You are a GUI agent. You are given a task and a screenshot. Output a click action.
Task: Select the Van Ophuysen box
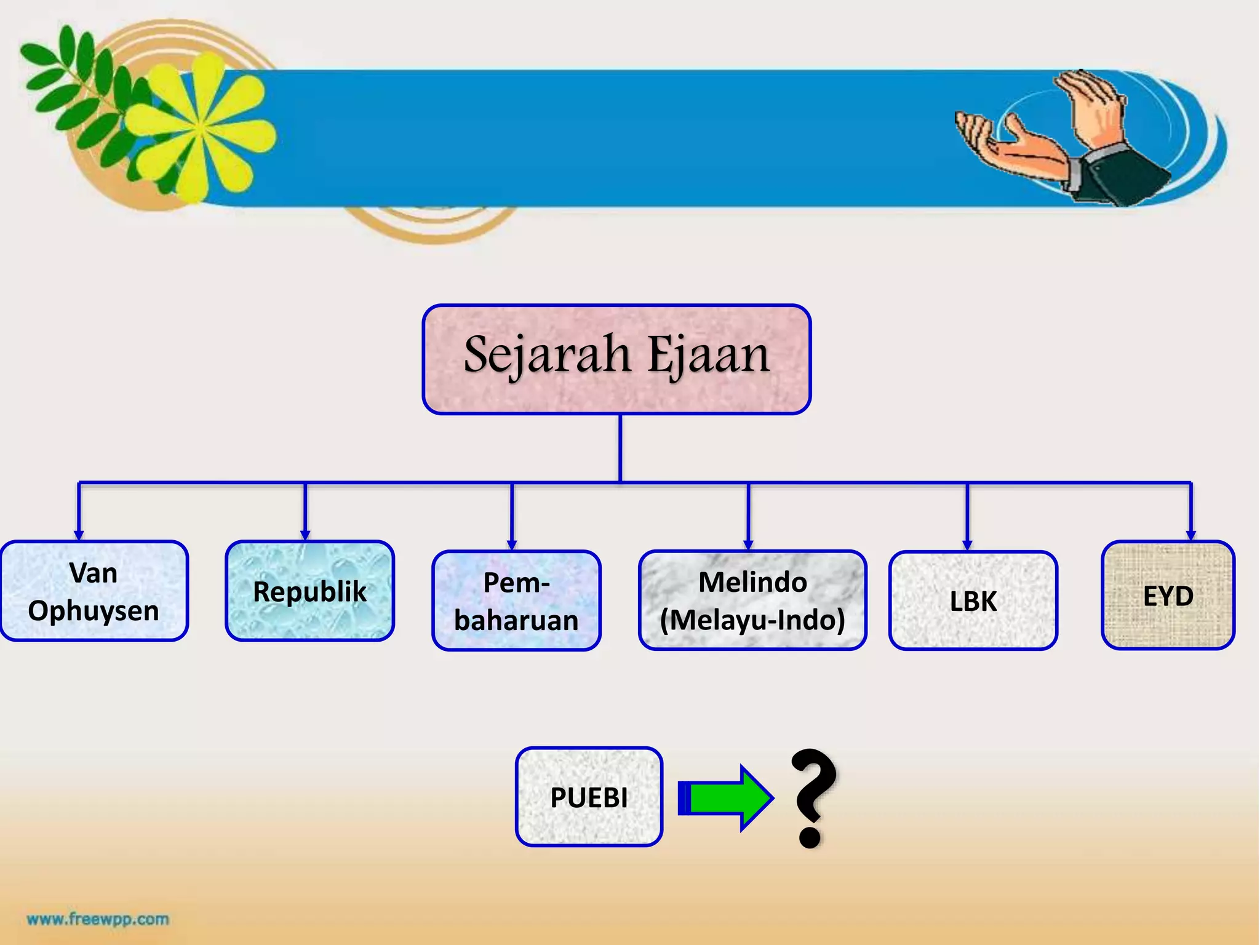94,591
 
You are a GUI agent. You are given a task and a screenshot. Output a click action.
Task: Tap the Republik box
309,591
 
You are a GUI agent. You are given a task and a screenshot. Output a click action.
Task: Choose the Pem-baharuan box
516,600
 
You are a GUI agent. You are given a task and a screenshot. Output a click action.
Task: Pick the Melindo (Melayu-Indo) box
752,600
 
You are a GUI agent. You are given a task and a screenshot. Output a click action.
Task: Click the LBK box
973,600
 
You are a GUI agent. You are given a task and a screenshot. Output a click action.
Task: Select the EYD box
1168,595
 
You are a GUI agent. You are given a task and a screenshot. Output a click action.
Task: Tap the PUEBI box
589,797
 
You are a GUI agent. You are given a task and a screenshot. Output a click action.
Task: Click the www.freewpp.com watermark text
98,919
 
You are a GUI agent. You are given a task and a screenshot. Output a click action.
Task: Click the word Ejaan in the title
709,356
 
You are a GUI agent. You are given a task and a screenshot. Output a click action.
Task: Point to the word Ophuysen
94,611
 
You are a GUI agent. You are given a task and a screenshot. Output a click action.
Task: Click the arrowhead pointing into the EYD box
1190,535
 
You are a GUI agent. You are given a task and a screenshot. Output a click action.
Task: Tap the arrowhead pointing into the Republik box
305,535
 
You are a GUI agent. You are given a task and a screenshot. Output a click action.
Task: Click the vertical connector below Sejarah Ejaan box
620,447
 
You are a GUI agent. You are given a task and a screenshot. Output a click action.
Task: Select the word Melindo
752,582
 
